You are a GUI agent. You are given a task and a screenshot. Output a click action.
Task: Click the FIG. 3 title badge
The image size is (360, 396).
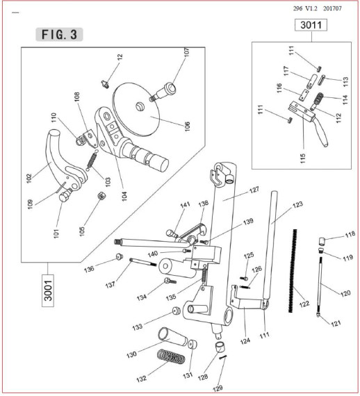[x=59, y=34]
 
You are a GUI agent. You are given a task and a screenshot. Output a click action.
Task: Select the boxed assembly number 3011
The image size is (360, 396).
[x=311, y=25]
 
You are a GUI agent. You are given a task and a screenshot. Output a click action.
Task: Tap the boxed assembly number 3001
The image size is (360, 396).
[x=48, y=290]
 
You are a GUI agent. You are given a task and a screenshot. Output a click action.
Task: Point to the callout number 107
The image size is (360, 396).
[x=187, y=52]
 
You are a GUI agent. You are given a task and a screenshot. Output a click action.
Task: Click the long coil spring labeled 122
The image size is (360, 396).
[x=292, y=271]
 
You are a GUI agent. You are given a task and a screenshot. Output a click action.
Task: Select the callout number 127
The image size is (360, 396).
[x=254, y=190]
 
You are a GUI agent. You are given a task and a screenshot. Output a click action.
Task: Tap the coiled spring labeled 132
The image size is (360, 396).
[x=171, y=356]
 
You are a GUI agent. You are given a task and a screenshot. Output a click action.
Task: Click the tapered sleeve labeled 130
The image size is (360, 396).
[x=172, y=338]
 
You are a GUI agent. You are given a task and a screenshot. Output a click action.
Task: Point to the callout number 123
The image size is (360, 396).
[x=297, y=204]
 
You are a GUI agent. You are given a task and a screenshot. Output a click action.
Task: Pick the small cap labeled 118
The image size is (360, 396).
[x=322, y=241]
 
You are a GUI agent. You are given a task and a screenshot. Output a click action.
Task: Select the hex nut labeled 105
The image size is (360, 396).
[x=101, y=195]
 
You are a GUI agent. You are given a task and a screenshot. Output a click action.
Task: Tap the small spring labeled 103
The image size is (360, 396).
[x=92, y=160]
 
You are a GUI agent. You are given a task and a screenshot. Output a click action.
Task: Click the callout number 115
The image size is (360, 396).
[x=303, y=158]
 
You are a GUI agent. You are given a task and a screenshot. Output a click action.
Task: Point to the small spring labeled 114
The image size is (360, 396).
[x=318, y=99]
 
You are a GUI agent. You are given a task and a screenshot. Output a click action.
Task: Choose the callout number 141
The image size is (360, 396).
[x=185, y=204]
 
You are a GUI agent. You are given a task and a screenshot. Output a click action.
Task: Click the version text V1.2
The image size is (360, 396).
[x=311, y=8]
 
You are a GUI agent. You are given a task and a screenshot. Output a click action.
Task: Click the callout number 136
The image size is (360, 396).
[x=89, y=269]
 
